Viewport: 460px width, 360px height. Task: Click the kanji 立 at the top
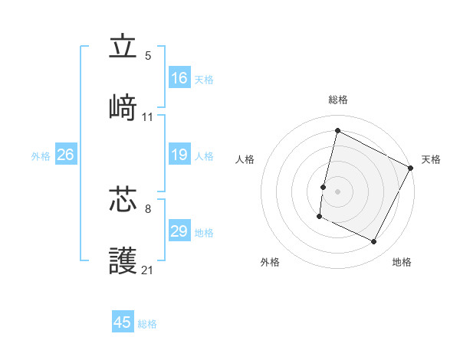coord(123,47)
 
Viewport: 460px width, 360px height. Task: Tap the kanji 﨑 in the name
coord(123,109)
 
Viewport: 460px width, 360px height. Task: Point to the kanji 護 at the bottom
coord(123,261)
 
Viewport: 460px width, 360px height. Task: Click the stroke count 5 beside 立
coord(148,56)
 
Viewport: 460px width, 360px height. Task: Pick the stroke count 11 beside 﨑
coord(148,117)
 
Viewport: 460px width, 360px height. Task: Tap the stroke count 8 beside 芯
coord(148,207)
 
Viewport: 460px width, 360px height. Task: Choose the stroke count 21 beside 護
coord(148,270)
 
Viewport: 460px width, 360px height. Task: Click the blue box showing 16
coord(179,78)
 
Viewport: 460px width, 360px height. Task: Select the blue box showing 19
coord(179,155)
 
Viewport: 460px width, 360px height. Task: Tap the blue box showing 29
coord(179,231)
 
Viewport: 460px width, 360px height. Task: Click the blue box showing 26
coord(65,155)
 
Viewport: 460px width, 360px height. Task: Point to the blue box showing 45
coord(123,322)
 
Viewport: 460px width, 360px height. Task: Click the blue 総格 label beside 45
coord(147,324)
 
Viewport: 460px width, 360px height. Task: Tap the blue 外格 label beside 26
coord(41,156)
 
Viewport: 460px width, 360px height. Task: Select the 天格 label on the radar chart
coord(431,159)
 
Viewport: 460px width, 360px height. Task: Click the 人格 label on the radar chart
coord(245,159)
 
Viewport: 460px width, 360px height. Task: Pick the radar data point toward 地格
coord(374,242)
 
